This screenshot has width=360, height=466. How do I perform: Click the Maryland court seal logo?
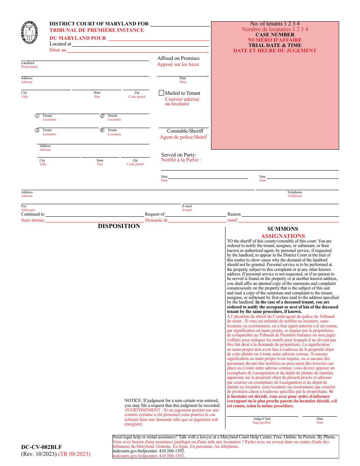click(30, 33)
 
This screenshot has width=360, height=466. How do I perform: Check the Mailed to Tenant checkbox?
click(161, 93)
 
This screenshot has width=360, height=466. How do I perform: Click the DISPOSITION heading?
click(119, 226)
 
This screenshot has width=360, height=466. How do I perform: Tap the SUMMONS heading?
click(283, 229)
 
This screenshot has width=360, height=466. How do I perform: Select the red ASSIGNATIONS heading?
click(283, 236)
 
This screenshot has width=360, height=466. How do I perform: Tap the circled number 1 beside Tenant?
click(37, 116)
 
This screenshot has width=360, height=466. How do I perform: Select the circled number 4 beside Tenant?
click(102, 130)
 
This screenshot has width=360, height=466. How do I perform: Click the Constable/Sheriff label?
click(185, 131)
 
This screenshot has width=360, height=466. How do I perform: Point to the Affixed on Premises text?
click(178, 58)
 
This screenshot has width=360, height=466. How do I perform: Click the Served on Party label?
click(178, 155)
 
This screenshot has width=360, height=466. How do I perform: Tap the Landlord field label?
click(27, 63)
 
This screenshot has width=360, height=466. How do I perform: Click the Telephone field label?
click(294, 192)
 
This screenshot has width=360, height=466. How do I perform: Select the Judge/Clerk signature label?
click(262, 419)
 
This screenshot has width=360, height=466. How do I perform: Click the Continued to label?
click(33, 214)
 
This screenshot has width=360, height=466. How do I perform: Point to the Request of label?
click(155, 214)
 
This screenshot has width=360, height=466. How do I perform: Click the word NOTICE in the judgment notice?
click(133, 400)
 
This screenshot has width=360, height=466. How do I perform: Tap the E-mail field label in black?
click(187, 206)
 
